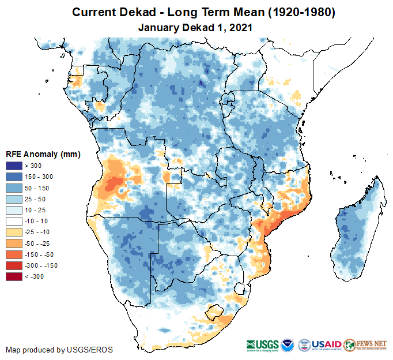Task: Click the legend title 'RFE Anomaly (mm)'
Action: [43, 155]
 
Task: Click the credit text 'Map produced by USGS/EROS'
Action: [59, 350]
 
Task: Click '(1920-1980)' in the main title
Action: [294, 12]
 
